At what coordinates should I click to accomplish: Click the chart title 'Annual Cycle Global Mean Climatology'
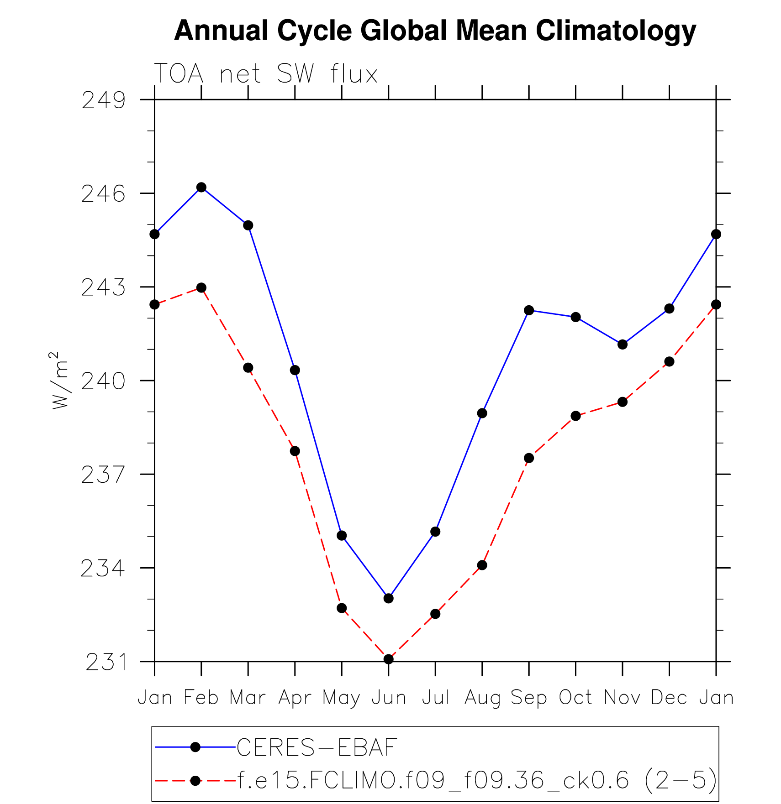point(435,31)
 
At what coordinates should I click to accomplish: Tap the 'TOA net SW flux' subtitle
point(266,74)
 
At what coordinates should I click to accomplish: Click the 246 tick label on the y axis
point(103,194)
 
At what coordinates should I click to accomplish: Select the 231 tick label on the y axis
point(106,662)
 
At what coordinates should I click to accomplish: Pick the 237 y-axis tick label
point(103,475)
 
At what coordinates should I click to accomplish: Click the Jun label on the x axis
point(389,698)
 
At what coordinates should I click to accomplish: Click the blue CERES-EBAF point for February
point(201,187)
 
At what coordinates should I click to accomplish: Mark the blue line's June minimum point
point(389,598)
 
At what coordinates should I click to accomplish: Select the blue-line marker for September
point(529,310)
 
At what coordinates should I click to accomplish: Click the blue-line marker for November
point(623,345)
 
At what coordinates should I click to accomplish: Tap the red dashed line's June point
point(389,659)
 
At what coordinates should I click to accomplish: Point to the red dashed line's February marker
point(201,287)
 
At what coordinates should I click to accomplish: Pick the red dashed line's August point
point(482,565)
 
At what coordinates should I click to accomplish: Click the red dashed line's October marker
point(575,416)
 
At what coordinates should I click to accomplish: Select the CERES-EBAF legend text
point(317,747)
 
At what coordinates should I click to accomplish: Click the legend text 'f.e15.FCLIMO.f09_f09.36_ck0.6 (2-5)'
point(477,780)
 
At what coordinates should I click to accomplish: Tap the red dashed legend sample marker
point(195,781)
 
